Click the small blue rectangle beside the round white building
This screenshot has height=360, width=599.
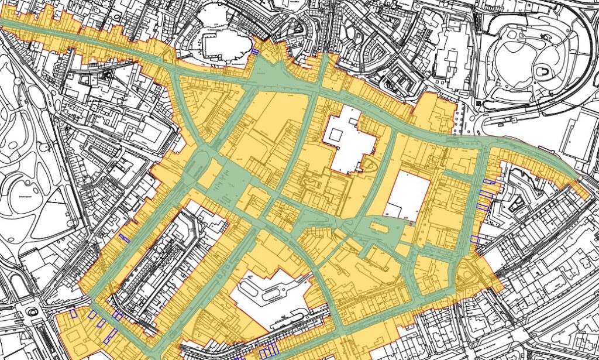click(x=254, y=52)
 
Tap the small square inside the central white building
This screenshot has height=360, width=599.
click(x=336, y=133)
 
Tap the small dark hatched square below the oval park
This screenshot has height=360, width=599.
click(x=479, y=104)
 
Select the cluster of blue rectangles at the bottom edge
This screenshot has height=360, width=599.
click(x=268, y=351)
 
